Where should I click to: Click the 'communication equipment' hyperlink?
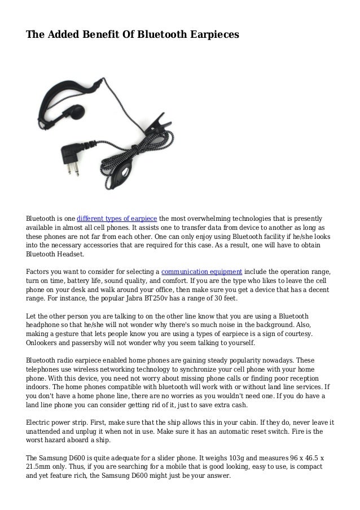point(203,271)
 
